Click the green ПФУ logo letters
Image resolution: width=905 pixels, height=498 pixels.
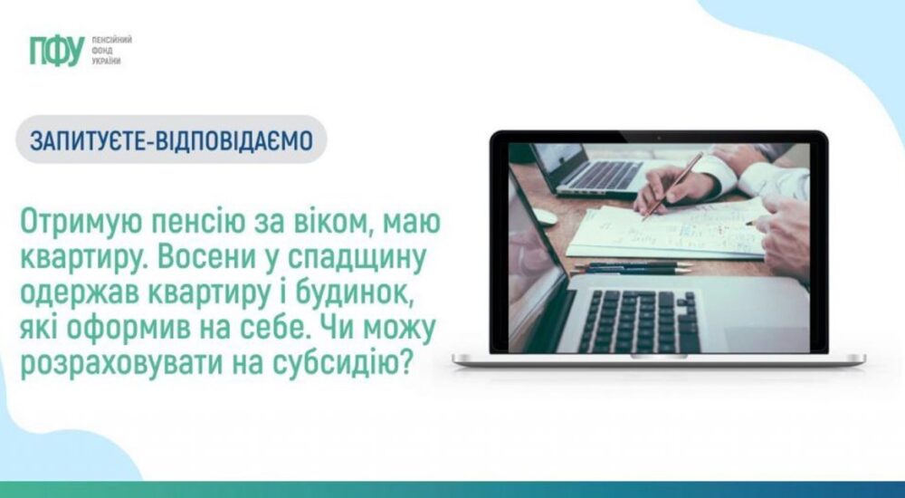pos(56,52)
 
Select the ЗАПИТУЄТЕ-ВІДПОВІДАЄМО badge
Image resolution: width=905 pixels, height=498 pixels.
pos(171,141)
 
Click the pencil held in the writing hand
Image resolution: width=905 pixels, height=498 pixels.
pos(673,185)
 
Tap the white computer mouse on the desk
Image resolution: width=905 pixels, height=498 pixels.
pos(544,216)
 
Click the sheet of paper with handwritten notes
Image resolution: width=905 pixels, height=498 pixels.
pos(670,231)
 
